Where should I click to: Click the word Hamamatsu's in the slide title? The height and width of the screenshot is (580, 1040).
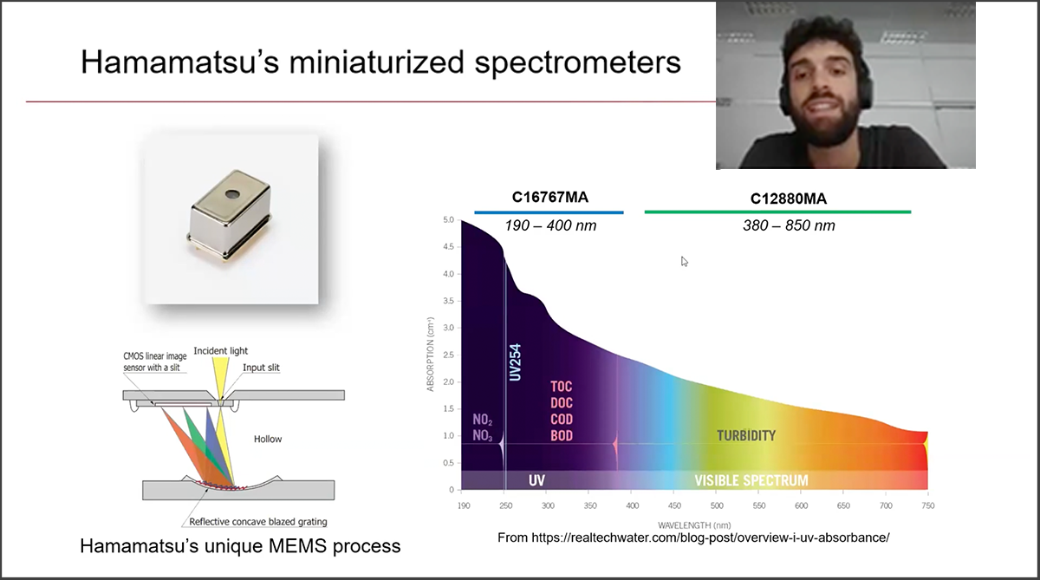pos(179,62)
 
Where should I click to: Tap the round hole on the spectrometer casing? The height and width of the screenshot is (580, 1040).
pos(231,193)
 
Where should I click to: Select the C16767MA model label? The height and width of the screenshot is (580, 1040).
pos(549,198)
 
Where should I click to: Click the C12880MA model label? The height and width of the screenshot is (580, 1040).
pos(789,199)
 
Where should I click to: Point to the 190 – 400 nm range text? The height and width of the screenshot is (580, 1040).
pos(550,225)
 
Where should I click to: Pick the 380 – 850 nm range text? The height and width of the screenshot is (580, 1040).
pos(789,225)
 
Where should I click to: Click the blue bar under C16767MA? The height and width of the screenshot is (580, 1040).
pos(549,212)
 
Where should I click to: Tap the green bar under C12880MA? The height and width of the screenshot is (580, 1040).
pos(777,212)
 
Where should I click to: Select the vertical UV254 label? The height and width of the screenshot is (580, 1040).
pos(516,362)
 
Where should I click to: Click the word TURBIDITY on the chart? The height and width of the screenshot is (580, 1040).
pos(746,435)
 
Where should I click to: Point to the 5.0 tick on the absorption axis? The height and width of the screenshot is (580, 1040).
pos(449,219)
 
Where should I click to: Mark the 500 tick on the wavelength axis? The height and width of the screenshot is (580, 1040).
pos(717,505)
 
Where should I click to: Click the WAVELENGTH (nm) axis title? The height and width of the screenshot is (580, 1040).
pos(694,525)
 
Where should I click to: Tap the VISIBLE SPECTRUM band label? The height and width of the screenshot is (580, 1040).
pos(751,480)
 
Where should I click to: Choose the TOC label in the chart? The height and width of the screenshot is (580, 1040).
pos(562,387)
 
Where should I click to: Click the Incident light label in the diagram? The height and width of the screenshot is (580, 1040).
pos(220,350)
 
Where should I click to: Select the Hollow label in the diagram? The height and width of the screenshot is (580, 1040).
pos(268,439)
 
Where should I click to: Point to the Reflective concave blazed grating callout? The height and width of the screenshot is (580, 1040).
pos(258,522)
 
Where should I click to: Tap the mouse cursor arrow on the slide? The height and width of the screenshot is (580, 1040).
pos(685,262)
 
